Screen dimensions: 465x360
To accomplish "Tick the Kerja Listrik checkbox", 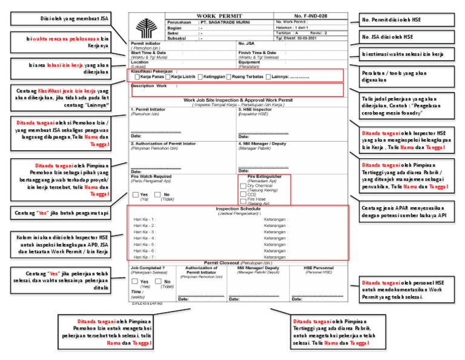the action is tap(168, 77).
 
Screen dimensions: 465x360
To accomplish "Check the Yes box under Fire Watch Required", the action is tap(136, 195).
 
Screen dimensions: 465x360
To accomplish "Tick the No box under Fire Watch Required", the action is tap(158, 195).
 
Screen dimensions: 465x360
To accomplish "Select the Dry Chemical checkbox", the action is tap(243, 186).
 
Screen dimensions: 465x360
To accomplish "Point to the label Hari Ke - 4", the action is tap(144, 238).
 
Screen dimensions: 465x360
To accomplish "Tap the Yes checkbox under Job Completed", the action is tap(135, 282).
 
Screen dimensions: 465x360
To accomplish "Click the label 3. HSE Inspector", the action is tap(258, 110).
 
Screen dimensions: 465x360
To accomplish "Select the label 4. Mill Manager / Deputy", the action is tap(262, 144).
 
